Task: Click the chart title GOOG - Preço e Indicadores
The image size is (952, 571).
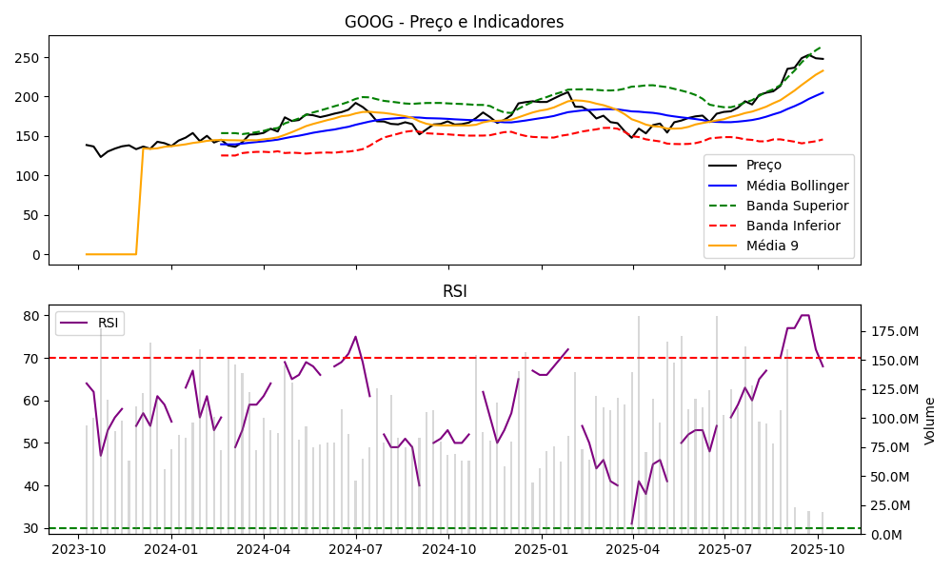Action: click(x=454, y=22)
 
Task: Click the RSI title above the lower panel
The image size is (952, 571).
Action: click(x=454, y=291)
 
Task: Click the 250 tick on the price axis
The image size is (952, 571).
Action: click(x=30, y=58)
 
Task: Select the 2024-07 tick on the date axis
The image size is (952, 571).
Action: click(x=355, y=549)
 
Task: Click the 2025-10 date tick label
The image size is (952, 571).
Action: click(x=818, y=549)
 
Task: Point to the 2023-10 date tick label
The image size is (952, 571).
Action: click(x=78, y=549)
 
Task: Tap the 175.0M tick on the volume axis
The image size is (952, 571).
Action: click(x=892, y=332)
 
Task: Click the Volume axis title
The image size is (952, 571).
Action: click(x=930, y=420)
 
